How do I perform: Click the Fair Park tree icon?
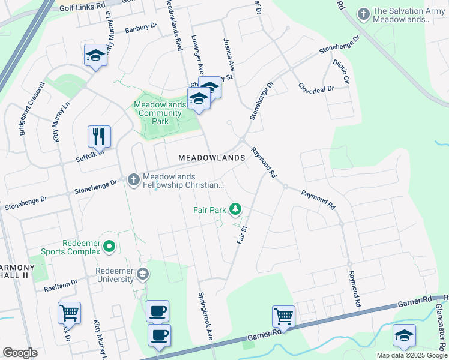[237, 209]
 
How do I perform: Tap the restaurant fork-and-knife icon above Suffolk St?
[99, 136]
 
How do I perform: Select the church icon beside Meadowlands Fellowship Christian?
[133, 178]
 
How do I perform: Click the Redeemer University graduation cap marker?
[143, 275]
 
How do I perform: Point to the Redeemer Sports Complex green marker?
[109, 246]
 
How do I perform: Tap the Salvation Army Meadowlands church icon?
[363, 13]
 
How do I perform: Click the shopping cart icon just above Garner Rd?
[283, 315]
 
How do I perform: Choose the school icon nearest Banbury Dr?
[95, 56]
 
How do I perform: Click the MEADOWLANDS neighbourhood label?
[212, 158]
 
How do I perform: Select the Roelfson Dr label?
[61, 281]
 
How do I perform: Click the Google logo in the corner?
[20, 353]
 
